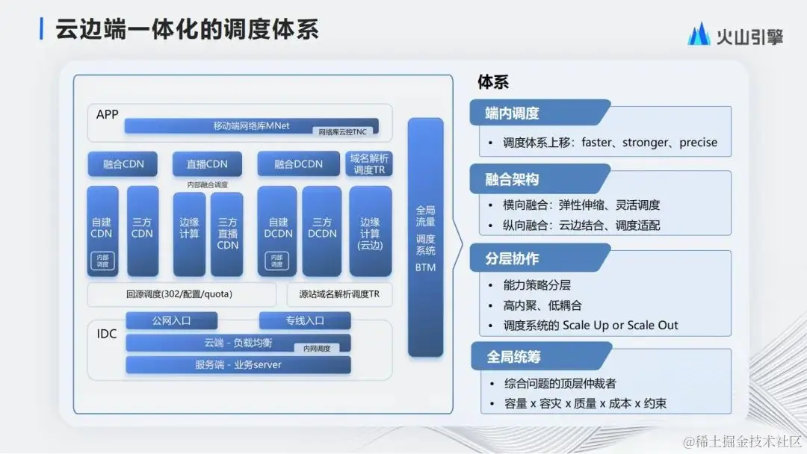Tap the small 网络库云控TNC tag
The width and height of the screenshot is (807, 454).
[342, 131]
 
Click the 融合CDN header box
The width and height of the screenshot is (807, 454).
[123, 164]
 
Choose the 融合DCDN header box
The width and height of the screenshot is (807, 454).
[293, 164]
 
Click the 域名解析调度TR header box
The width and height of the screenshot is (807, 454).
[370, 164]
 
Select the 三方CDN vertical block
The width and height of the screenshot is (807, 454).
[142, 230]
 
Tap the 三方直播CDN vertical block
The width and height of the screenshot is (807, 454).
[228, 234]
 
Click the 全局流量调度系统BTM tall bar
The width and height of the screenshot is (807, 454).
[425, 237]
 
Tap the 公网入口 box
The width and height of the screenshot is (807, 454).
[171, 321]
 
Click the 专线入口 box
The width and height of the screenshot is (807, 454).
[304, 321]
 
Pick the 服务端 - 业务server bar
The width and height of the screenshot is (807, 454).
[237, 365]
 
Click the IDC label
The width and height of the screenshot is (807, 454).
[107, 333]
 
